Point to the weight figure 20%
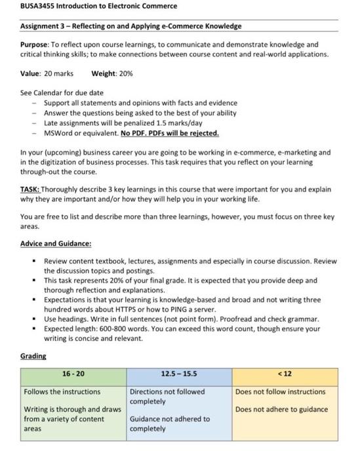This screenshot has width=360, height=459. pos(125,73)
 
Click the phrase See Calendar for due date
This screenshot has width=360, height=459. pos(62,93)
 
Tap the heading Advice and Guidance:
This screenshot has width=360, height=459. pos(56,243)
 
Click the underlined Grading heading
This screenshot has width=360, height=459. pos(33,356)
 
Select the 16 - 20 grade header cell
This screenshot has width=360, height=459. pos(72,374)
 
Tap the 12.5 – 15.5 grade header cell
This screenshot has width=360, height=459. pos(178,374)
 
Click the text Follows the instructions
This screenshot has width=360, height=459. pos(62,392)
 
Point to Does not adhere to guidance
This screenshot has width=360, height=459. pos(281,410)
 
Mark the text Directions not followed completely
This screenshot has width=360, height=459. pos(167,396)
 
